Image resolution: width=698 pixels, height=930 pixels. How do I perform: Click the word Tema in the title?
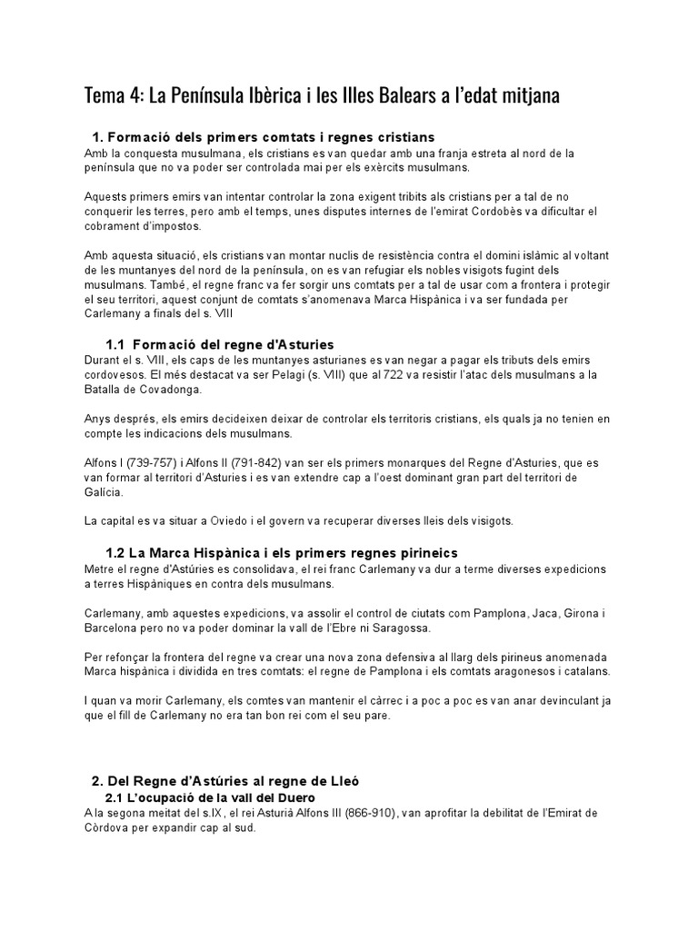[102, 95]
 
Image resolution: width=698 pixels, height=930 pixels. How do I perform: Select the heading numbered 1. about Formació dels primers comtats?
[251, 137]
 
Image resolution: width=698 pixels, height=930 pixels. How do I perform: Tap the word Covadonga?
[173, 389]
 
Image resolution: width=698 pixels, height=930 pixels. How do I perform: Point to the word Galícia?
[103, 492]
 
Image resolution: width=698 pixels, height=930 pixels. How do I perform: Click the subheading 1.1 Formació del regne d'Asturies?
[220, 344]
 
